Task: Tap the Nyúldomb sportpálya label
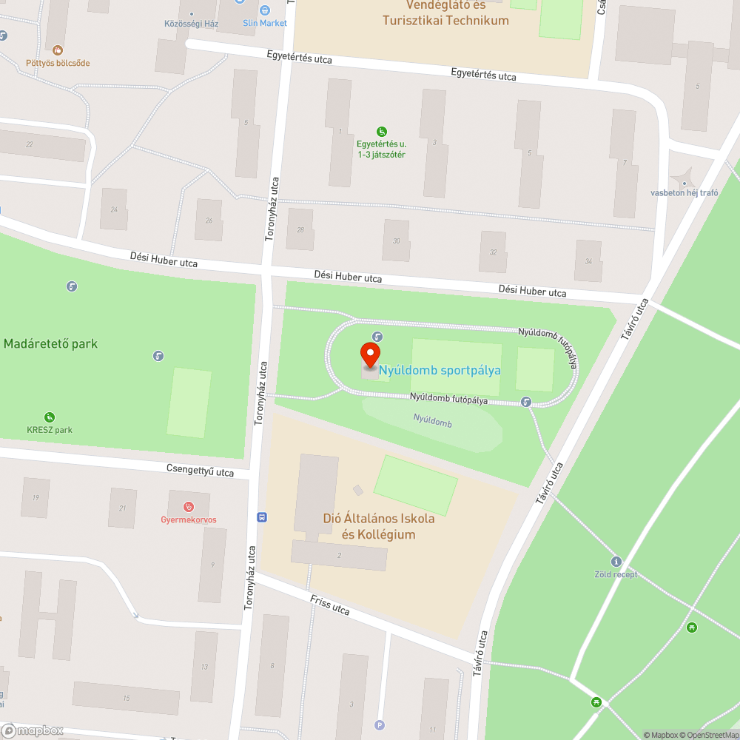click(x=440, y=370)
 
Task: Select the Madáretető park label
click(x=50, y=343)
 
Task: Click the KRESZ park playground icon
click(x=50, y=417)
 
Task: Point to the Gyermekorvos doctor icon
click(x=189, y=506)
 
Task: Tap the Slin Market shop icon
click(x=265, y=10)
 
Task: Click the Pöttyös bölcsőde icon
click(x=58, y=50)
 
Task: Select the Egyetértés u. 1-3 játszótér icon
click(x=381, y=131)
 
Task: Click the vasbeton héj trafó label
click(x=684, y=193)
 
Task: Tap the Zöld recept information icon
click(x=616, y=562)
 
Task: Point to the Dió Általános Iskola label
click(x=378, y=526)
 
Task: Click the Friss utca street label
click(x=330, y=604)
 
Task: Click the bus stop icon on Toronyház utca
click(x=262, y=517)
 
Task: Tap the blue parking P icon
click(x=380, y=725)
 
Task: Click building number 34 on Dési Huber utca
click(x=588, y=261)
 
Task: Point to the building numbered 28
click(x=300, y=229)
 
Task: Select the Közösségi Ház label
click(x=191, y=23)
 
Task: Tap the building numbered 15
click(x=126, y=698)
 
